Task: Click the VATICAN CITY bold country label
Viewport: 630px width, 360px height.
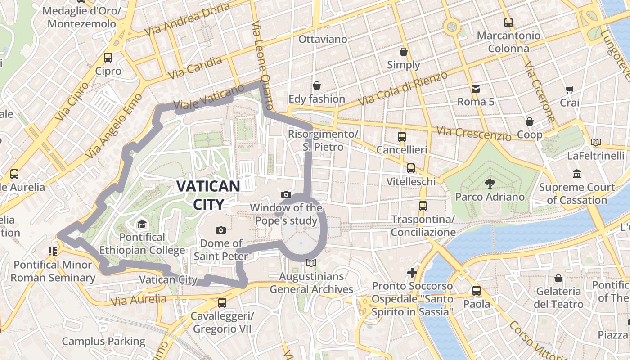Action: pyautogui.click(x=208, y=195)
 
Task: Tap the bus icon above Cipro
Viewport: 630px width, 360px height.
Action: pyautogui.click(x=108, y=57)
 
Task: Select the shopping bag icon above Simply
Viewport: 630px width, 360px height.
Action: pyautogui.click(x=404, y=51)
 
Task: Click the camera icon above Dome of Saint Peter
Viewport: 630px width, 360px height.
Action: pyautogui.click(x=220, y=230)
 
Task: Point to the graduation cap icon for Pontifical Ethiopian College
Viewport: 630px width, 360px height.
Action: pyautogui.click(x=142, y=224)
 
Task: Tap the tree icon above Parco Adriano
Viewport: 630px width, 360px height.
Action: pyautogui.click(x=490, y=183)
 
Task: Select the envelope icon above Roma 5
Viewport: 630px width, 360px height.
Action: pyautogui.click(x=476, y=89)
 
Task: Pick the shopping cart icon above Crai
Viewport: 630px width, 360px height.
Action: pyautogui.click(x=570, y=90)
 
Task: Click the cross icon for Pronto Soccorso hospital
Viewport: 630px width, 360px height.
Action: pyautogui.click(x=412, y=272)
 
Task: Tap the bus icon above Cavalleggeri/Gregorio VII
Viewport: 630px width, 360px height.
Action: pyautogui.click(x=222, y=303)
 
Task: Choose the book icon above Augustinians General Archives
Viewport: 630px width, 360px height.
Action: pyautogui.click(x=311, y=263)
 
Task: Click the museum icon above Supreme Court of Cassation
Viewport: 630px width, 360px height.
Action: pyautogui.click(x=577, y=174)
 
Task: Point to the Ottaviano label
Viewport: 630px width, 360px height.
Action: pyautogui.click(x=323, y=39)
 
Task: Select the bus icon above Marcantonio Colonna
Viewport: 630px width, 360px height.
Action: pyautogui.click(x=508, y=22)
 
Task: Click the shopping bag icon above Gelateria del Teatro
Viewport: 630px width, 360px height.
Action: pyautogui.click(x=558, y=278)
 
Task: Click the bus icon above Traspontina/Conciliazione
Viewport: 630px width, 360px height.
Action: pyautogui.click(x=423, y=206)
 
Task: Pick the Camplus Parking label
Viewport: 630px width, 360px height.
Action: pyautogui.click(x=103, y=342)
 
